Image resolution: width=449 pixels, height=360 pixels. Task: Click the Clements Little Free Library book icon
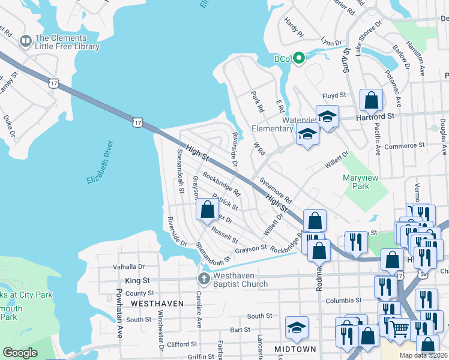[25, 41]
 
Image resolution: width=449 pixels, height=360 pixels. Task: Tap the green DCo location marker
[298, 59]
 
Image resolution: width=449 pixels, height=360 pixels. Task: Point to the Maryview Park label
[360, 182]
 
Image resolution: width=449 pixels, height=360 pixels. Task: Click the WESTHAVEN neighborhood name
[157, 304]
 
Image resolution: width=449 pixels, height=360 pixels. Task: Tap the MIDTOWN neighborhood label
[295, 349]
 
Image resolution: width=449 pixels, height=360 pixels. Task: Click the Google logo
[20, 353]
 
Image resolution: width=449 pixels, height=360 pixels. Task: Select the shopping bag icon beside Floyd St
[371, 99]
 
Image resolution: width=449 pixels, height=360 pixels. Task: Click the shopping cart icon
[399, 328]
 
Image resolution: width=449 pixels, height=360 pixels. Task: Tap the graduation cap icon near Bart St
[297, 328]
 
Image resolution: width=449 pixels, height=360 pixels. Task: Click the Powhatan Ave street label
[119, 318]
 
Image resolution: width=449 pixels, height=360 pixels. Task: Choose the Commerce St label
[405, 146]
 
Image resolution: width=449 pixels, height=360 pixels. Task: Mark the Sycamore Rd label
[276, 190]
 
